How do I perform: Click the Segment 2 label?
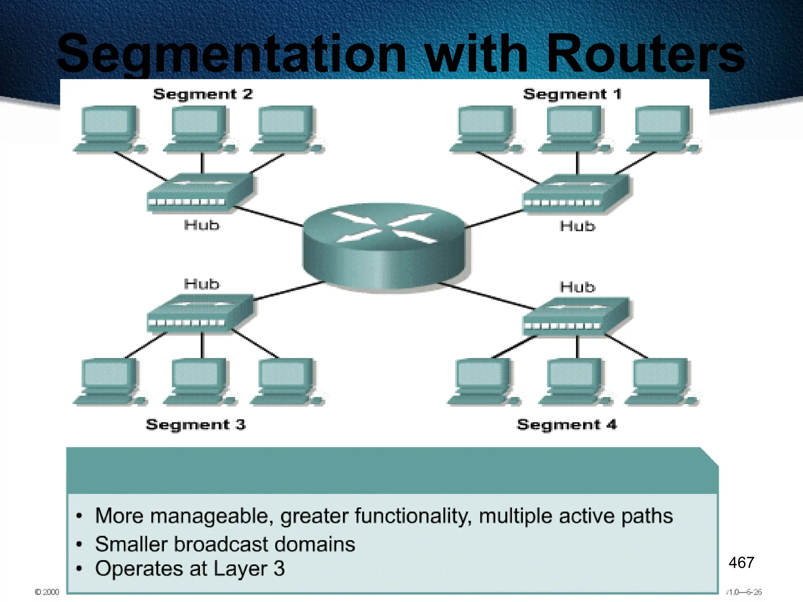[x=203, y=94]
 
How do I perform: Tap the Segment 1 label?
[x=572, y=94]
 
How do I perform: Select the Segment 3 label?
[x=196, y=424]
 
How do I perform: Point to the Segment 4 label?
[x=567, y=424]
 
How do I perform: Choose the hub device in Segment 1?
[x=576, y=194]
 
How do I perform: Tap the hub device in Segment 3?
[x=200, y=314]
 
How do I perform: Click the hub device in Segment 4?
[x=576, y=317]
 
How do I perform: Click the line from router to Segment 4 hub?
[x=486, y=296]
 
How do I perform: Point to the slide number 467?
[x=741, y=562]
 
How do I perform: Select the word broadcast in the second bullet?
[x=221, y=544]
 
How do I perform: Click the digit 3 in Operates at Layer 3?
[x=279, y=568]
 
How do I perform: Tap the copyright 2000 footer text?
[x=47, y=592]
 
